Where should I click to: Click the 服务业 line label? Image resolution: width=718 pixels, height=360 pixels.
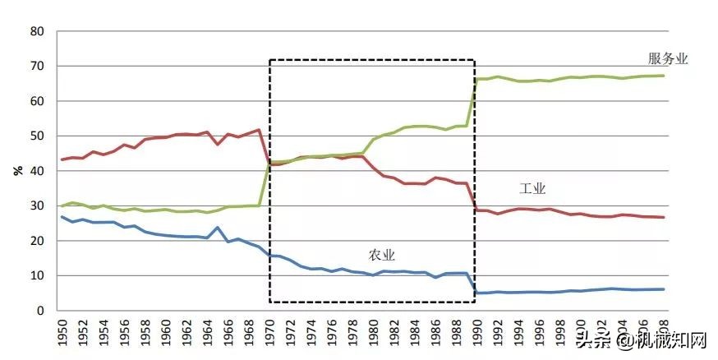click(x=667, y=58)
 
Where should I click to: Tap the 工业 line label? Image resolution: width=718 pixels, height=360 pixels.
click(x=532, y=188)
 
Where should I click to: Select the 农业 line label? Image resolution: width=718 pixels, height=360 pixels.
click(x=382, y=255)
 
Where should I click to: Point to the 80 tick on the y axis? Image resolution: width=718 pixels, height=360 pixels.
click(x=37, y=31)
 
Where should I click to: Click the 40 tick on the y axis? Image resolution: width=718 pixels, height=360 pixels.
click(x=37, y=171)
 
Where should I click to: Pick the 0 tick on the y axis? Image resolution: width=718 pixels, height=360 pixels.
click(x=40, y=311)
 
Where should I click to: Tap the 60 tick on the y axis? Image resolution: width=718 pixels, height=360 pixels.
click(x=37, y=101)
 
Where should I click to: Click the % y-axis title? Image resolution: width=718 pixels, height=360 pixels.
click(x=17, y=171)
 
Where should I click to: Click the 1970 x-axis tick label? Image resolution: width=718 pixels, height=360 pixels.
click(x=271, y=331)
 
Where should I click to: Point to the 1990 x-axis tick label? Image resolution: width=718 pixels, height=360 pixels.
click(x=480, y=331)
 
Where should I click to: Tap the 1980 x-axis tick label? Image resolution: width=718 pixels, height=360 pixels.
click(x=375, y=331)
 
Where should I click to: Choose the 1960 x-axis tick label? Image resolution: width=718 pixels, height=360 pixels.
click(x=167, y=331)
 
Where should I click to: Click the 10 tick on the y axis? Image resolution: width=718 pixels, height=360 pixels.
click(x=37, y=275)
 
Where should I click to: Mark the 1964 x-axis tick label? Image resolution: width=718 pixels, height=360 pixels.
click(x=209, y=331)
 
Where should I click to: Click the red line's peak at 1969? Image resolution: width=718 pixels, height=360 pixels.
click(x=260, y=130)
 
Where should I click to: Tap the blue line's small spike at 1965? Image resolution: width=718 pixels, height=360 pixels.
click(x=218, y=228)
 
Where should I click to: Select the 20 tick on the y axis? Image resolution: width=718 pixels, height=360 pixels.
click(x=37, y=241)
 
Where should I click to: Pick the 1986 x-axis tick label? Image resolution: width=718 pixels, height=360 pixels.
click(x=438, y=331)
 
